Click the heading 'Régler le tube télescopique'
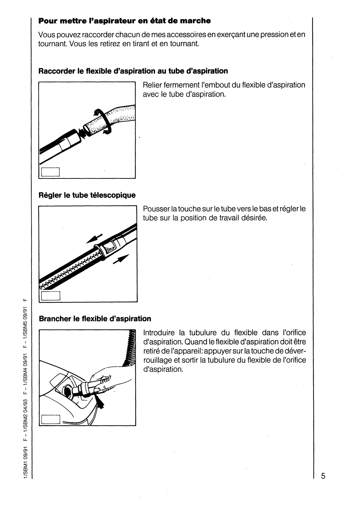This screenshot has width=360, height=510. pyautogui.click(x=87, y=195)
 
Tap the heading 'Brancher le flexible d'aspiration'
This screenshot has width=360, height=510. pyautogui.click(x=95, y=319)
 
